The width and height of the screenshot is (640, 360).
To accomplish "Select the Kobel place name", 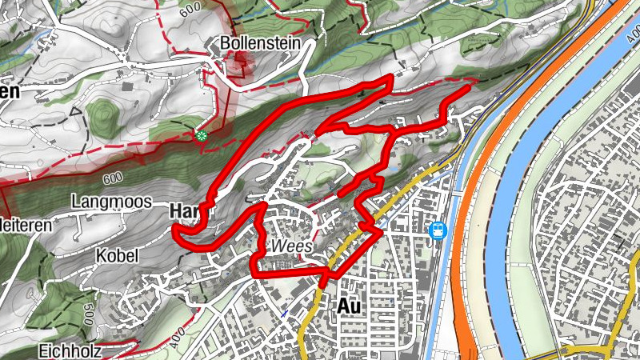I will (118, 255).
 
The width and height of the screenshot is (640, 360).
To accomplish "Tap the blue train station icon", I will (438, 230).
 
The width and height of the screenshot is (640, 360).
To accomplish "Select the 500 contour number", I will (89, 309).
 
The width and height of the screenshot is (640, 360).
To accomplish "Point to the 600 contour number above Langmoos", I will (112, 178).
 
